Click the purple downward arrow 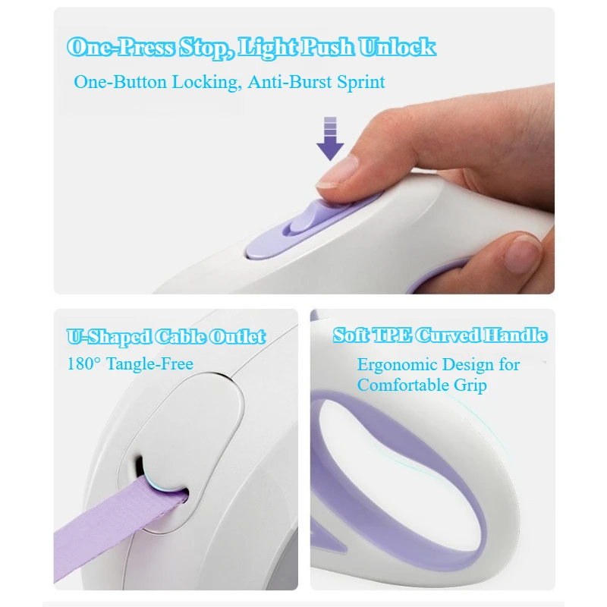330,139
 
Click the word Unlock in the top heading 397,47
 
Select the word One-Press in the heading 121,47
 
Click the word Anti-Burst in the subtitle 290,82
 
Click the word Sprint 361,83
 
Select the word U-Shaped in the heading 109,337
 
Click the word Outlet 237,336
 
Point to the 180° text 84,363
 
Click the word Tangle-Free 149,364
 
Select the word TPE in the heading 392,335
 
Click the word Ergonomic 397,365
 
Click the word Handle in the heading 515,335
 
